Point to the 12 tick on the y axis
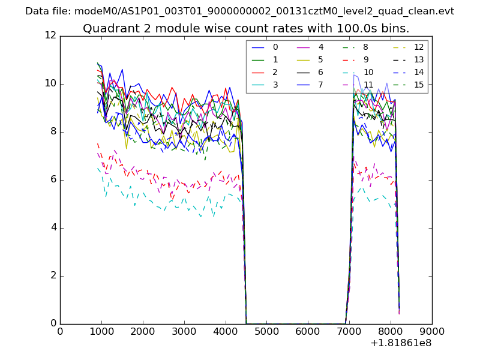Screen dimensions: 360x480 tap(50, 36)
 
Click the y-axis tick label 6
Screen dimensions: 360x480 tap(52, 180)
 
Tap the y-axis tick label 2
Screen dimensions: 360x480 tap(52, 276)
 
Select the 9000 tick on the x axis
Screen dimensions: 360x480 tap(431, 331)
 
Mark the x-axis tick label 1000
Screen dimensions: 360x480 tap(101, 331)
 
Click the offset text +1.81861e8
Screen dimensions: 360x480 tap(401, 343)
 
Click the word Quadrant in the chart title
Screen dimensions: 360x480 tap(107, 29)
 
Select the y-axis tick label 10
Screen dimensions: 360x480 tap(50, 84)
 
